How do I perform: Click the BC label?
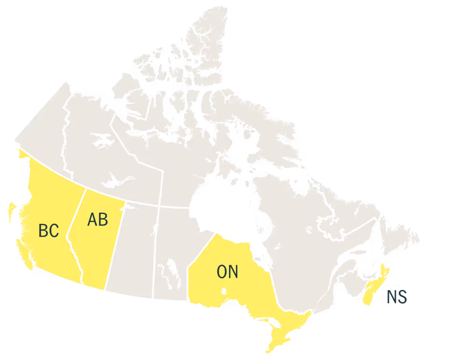click(49, 231)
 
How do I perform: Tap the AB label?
click(98, 220)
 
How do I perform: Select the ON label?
click(228, 272)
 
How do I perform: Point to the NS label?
click(397, 297)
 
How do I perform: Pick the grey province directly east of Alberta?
click(133, 248)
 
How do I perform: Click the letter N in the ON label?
click(233, 272)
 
